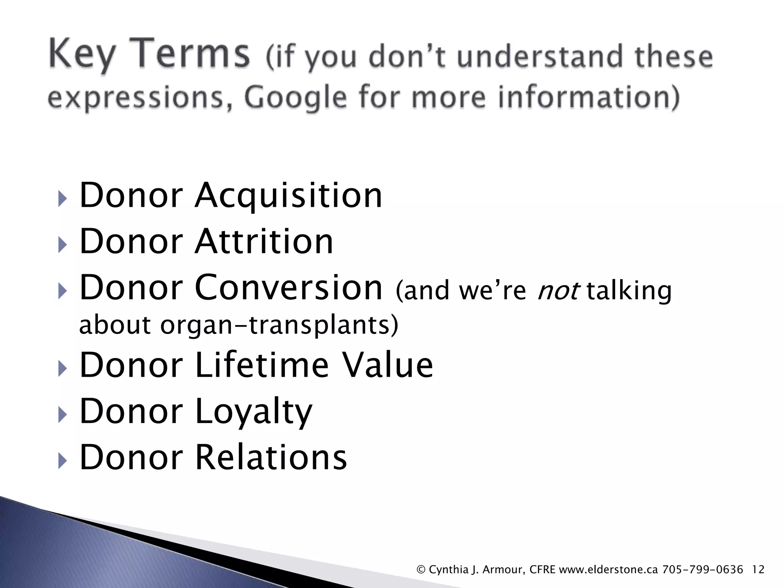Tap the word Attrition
coord(264,242)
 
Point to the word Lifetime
coord(262,365)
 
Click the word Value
coord(387,365)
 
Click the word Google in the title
coord(295,98)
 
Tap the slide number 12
coord(758,570)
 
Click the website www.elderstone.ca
coord(608,570)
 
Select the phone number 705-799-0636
coord(702,570)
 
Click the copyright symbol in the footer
coord(421,570)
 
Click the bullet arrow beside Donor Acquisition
coord(62,199)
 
